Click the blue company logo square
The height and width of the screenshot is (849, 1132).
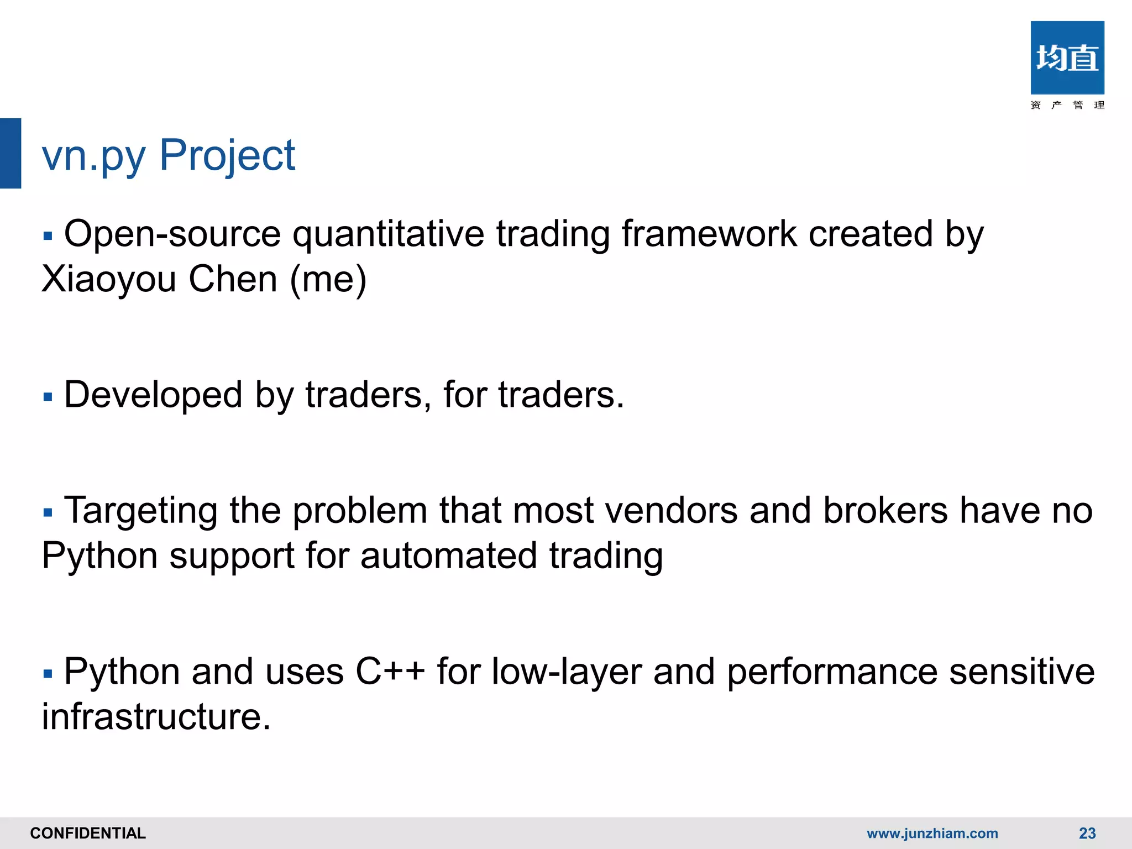click(x=1067, y=57)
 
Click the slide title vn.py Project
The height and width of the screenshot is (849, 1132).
click(x=169, y=155)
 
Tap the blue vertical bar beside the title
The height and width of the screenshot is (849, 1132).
click(x=11, y=153)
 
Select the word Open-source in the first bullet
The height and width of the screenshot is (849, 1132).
click(x=172, y=234)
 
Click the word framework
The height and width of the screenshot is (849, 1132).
click(x=709, y=234)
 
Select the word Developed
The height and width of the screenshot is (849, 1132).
click(x=153, y=395)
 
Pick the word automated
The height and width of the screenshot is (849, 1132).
click(x=448, y=555)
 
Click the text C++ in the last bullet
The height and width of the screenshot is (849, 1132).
click(x=390, y=672)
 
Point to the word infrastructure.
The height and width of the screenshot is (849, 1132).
click(x=156, y=717)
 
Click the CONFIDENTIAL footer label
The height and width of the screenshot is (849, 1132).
click(x=88, y=833)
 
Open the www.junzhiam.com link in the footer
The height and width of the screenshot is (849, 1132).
click(x=932, y=833)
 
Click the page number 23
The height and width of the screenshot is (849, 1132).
click(x=1087, y=833)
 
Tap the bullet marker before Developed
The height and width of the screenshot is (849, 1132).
click(x=48, y=397)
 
